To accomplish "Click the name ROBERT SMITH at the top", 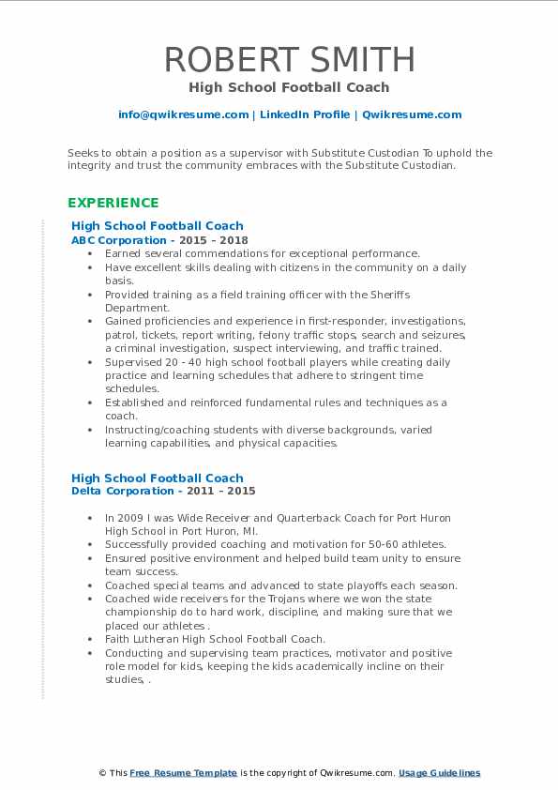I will pos(289,59).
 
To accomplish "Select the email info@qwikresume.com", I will pos(183,114).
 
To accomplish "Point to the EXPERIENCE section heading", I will pos(113,203).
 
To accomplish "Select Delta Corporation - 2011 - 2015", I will pos(163,491).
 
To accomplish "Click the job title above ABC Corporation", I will pos(157,225).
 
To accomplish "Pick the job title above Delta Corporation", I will pos(157,478).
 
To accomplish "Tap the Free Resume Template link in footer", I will pos(183,773).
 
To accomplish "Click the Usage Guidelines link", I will pos(439,773).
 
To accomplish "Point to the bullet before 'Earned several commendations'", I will pos(89,253).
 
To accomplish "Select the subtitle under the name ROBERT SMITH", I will pos(289,87).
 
